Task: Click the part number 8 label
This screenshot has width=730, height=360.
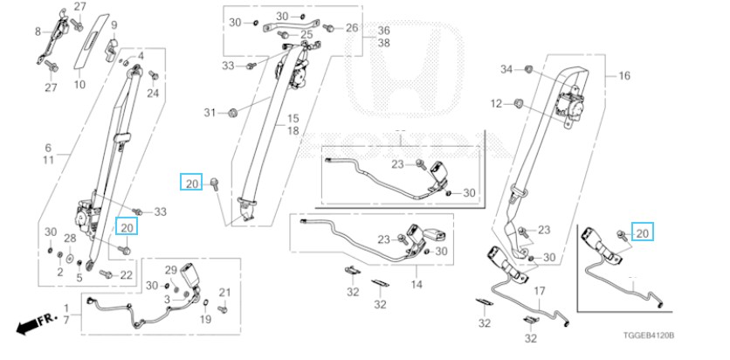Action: [38, 32]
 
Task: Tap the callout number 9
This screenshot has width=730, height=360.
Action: [114, 24]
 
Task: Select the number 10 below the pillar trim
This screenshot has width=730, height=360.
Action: [79, 85]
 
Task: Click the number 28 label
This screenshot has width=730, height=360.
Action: [71, 239]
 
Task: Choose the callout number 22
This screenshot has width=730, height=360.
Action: [126, 275]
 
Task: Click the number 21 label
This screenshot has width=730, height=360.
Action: [224, 292]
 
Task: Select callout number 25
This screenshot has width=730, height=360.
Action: [306, 34]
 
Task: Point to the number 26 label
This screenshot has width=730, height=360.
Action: [351, 28]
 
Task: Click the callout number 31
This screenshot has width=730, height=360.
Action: [209, 113]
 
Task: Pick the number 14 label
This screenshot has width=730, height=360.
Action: [417, 285]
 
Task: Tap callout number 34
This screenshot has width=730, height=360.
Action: [506, 68]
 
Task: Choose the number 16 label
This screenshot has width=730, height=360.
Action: [623, 76]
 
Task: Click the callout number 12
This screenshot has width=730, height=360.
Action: [496, 104]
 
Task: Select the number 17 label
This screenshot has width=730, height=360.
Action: [540, 291]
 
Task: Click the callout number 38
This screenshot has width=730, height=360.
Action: [382, 42]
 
